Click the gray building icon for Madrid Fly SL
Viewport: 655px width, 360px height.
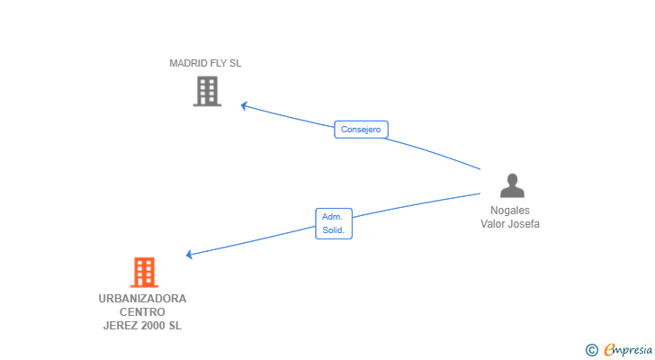[207, 91]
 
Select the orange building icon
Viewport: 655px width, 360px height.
[144, 273]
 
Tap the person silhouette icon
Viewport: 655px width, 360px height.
[512, 185]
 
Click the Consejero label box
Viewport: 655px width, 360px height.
[361, 130]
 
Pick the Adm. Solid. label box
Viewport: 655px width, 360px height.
[334, 223]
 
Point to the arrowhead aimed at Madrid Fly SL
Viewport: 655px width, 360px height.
[244, 105]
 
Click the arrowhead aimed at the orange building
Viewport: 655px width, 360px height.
[189, 255]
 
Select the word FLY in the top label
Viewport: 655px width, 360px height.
[219, 63]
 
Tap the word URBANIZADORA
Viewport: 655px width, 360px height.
[142, 299]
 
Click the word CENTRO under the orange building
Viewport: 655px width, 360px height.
[142, 312]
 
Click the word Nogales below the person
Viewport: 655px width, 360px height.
[510, 211]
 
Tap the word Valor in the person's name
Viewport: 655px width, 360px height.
[494, 224]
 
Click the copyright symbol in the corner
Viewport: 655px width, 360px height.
[591, 350]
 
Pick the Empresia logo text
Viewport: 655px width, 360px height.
[628, 349]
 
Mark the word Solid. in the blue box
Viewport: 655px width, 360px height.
[333, 230]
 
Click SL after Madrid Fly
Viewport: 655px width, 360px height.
[236, 63]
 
